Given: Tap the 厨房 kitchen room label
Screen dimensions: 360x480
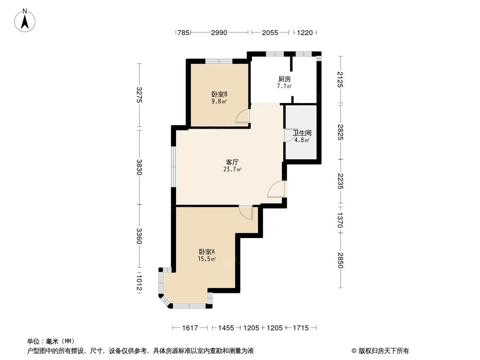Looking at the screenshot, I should [x=284, y=79].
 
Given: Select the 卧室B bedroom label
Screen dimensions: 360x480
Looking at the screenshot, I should [x=219, y=94].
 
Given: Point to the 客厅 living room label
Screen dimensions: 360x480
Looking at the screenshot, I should [x=232, y=162].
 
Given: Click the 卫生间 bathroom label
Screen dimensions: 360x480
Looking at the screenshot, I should [x=302, y=133].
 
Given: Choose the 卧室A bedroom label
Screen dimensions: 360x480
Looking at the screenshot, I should [x=207, y=252].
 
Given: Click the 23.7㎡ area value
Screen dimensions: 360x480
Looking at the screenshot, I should [x=232, y=170].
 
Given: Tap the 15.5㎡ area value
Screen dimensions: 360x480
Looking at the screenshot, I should [x=207, y=259].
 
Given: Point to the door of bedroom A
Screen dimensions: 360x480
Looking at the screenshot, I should [x=246, y=212].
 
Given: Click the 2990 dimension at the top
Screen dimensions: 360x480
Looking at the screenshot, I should [x=220, y=32].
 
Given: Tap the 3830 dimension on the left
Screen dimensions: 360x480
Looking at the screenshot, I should [x=140, y=167].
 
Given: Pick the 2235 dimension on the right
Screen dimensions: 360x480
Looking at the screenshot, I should [x=340, y=181].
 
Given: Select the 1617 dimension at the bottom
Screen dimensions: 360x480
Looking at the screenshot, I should [x=190, y=328].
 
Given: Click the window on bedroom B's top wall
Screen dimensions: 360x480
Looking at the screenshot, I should [x=219, y=61].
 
